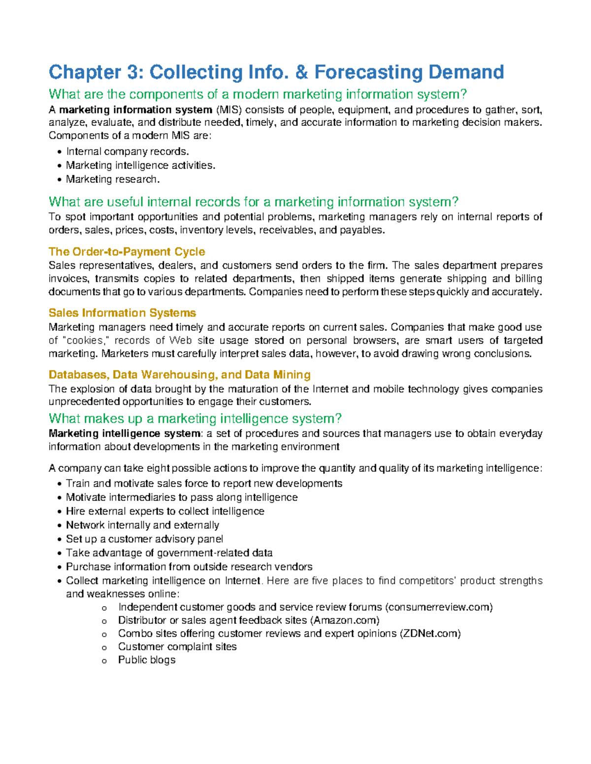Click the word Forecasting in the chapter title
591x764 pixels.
pos(369,72)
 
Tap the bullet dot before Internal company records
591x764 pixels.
pos(60,152)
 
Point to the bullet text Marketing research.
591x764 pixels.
pos(113,180)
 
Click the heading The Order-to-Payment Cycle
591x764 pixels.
pos(127,252)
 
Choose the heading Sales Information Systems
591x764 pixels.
pos(122,313)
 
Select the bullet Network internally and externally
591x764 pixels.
pos(142,525)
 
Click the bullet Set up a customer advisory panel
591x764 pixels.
pos(144,539)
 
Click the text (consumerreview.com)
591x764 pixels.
pos(439,607)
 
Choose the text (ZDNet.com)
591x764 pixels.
pos(430,634)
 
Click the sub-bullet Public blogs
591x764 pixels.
pos(147,660)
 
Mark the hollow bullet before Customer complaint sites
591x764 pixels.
pos(104,648)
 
